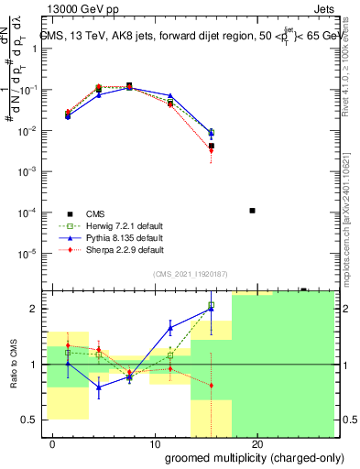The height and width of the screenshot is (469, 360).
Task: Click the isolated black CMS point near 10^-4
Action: (252, 211)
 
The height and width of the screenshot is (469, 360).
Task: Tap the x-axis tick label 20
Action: (257, 444)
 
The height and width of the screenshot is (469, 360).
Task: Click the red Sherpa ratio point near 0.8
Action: (212, 385)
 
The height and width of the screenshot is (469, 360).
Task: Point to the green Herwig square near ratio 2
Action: (212, 305)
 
